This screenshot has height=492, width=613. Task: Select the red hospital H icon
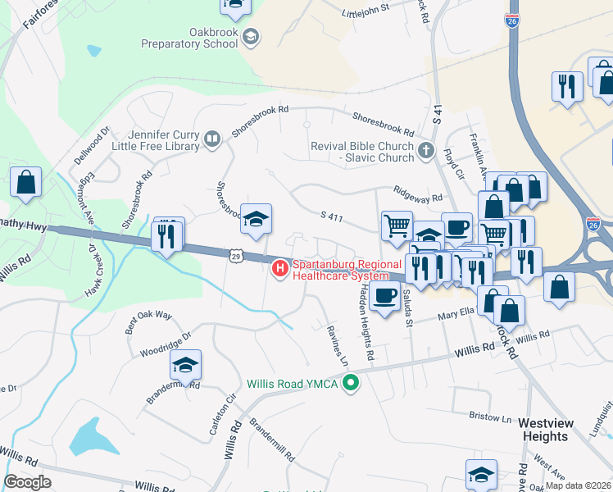click(280, 268)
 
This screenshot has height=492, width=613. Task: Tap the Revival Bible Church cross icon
click(425, 151)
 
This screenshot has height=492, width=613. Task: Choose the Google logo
click(28, 482)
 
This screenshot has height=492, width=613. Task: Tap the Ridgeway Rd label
click(418, 193)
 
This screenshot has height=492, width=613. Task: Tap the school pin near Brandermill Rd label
click(186, 365)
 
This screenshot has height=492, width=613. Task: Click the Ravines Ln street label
click(338, 344)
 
